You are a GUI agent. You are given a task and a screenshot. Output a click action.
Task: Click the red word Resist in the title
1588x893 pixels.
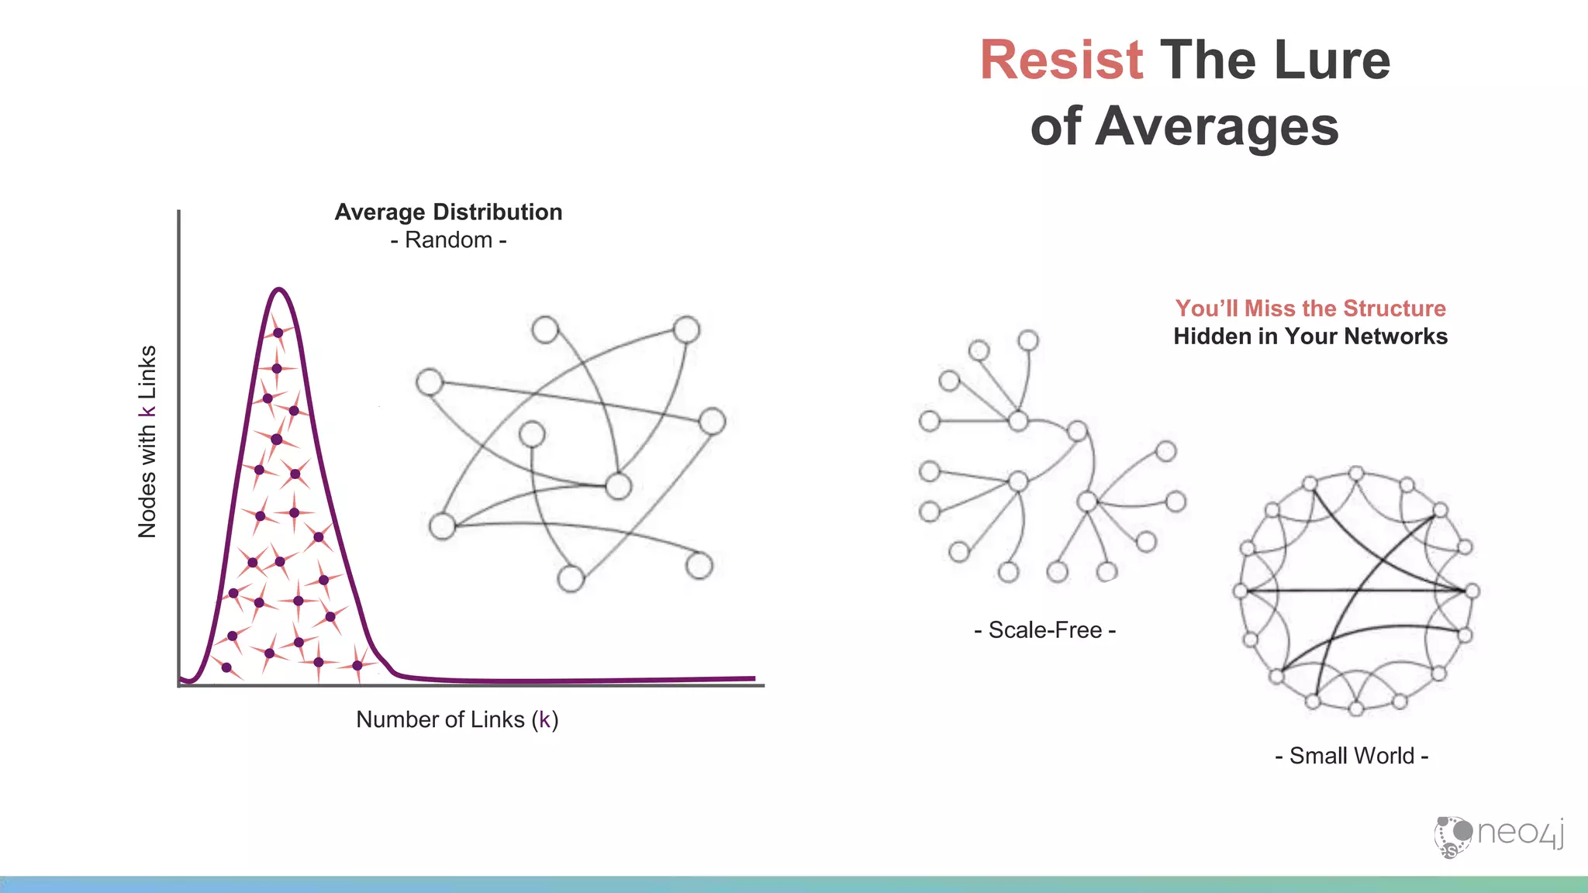(1061, 60)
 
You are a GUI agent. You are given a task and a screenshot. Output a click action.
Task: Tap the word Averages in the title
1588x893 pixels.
(1217, 127)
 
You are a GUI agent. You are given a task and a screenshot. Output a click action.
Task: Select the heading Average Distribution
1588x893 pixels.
(448, 212)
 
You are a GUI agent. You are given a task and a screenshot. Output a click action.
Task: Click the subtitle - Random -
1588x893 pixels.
(448, 240)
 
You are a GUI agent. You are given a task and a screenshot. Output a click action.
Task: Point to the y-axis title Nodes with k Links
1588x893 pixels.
(147, 442)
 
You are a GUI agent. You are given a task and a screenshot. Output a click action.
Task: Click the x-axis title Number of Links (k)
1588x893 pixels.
(457, 719)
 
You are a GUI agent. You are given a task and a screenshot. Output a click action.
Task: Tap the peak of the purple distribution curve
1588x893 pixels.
(279, 291)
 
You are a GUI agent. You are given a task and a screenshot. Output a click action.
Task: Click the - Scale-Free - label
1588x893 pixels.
(1044, 630)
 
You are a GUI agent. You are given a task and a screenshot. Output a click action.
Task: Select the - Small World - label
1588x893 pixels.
(1352, 756)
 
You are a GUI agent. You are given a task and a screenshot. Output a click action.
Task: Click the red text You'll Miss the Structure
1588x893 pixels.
(1310, 309)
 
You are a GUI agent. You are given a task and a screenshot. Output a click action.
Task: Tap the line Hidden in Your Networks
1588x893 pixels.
(1310, 336)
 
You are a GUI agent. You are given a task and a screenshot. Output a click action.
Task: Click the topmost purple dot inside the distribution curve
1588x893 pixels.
(278, 333)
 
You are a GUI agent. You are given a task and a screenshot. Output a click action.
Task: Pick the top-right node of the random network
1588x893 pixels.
(686, 329)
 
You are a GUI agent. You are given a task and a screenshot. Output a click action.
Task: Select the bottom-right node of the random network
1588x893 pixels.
(699, 565)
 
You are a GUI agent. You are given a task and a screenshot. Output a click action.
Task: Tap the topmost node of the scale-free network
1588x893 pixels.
(1028, 340)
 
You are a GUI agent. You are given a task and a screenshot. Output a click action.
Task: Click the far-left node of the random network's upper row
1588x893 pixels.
(430, 382)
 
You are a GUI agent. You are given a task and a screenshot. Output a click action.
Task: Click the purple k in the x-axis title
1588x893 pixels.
(544, 719)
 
